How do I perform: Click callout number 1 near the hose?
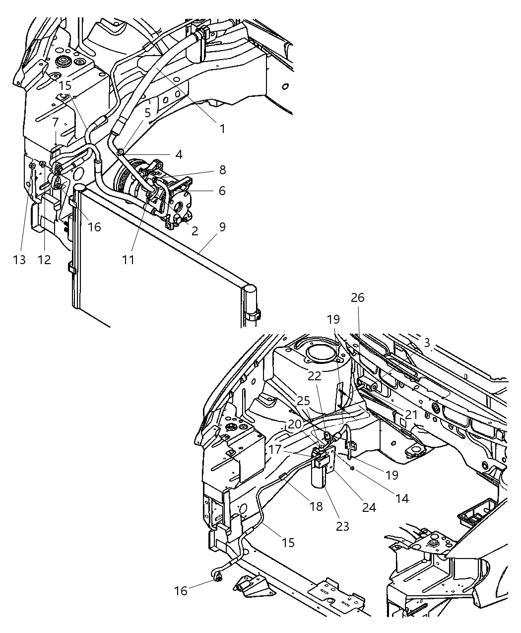[222, 129]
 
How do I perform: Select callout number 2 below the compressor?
[195, 230]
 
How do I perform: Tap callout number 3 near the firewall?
[427, 343]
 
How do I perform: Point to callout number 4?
[179, 154]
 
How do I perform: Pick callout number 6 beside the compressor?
[222, 191]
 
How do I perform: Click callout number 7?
[55, 122]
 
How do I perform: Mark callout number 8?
[222, 170]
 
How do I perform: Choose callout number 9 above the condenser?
[222, 227]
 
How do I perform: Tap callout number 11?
[129, 259]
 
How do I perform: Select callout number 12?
[44, 259]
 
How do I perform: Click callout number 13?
[19, 259]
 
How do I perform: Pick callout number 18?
[316, 506]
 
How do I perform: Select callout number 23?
[342, 526]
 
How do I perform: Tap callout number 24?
[369, 507]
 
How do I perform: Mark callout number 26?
[357, 297]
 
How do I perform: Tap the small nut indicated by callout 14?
[351, 468]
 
